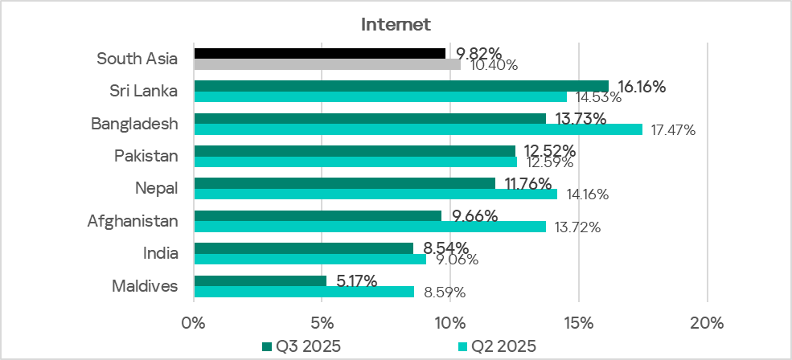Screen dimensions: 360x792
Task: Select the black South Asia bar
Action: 319,53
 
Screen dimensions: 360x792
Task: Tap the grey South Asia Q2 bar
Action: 327,64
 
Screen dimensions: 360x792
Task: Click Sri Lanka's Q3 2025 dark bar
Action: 401,86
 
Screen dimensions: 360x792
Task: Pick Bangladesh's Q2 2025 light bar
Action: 418,129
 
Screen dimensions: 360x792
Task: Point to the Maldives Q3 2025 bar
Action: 261,280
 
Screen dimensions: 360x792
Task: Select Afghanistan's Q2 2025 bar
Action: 370,227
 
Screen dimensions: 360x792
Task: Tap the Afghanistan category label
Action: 132,221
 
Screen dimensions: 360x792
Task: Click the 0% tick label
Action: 194,323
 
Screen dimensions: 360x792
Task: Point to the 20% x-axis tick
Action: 707,323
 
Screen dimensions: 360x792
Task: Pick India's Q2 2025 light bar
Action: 310,259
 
